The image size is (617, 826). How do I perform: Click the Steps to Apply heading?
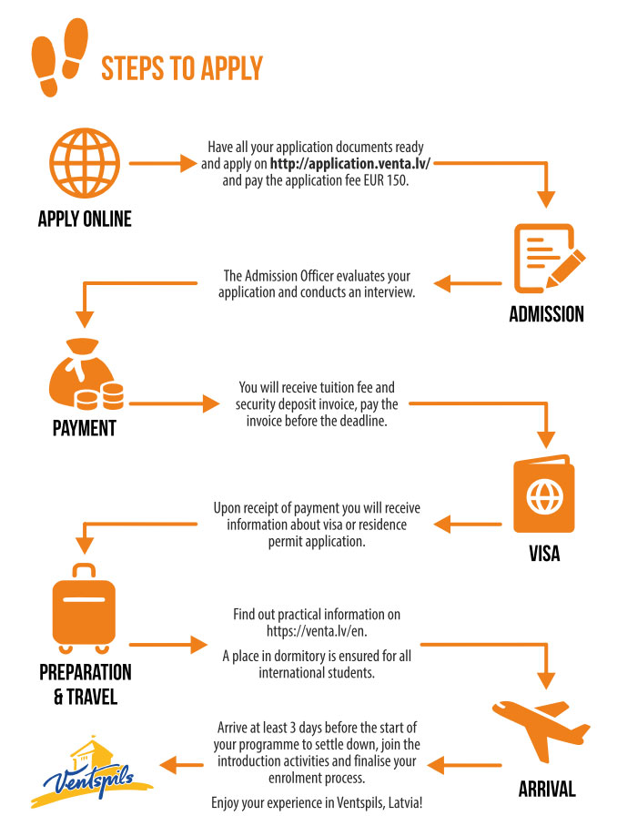point(181,68)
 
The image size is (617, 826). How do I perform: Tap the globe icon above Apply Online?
point(84,165)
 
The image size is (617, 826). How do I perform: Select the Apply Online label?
point(85,219)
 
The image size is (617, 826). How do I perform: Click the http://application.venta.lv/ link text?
point(349,164)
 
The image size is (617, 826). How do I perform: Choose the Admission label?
point(546,315)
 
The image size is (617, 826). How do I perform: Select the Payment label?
point(85,428)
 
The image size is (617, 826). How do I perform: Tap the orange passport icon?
point(545,495)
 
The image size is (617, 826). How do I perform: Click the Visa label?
point(546,553)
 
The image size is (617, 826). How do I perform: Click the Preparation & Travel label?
point(85,685)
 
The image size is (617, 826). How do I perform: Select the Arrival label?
point(546,789)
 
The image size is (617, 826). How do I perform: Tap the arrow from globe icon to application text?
point(163,164)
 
